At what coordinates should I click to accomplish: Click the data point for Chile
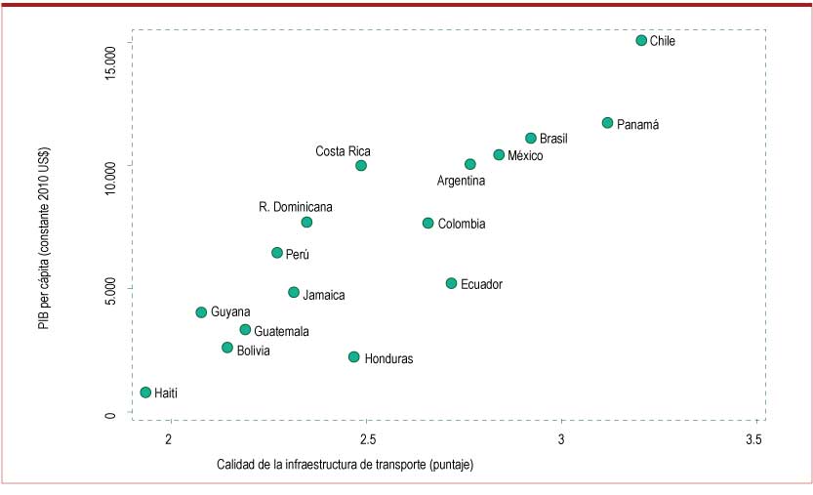click(x=641, y=40)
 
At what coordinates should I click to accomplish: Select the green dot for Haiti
click(x=145, y=392)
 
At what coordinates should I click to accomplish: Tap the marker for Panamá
click(x=607, y=123)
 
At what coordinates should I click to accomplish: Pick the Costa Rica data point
click(x=361, y=166)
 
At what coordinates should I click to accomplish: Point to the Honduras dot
click(x=353, y=357)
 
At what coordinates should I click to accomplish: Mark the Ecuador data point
click(x=451, y=283)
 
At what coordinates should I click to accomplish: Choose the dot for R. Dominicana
click(x=306, y=223)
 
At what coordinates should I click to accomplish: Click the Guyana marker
click(x=201, y=312)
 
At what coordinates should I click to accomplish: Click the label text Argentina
click(x=461, y=181)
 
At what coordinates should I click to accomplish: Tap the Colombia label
click(x=461, y=224)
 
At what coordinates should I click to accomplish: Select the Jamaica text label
click(x=323, y=295)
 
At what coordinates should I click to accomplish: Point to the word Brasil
click(x=553, y=140)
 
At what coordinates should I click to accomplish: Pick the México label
click(x=525, y=156)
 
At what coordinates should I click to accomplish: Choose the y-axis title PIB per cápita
click(x=44, y=238)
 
